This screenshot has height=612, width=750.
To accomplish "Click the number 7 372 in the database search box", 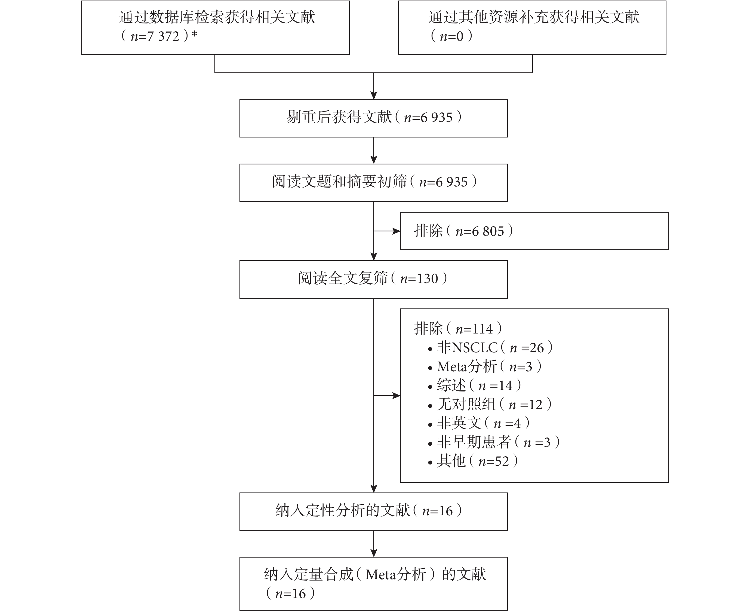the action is click(x=164, y=36).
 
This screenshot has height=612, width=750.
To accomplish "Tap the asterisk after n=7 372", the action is click(x=194, y=35).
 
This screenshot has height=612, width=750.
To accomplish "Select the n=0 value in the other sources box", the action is click(x=451, y=36).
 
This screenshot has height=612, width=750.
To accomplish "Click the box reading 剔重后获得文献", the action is click(x=374, y=118).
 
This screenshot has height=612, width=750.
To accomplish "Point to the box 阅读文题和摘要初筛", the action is click(x=374, y=183).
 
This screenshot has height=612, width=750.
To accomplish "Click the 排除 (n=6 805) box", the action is click(x=534, y=231).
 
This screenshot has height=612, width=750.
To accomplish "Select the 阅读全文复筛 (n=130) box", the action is click(x=374, y=279).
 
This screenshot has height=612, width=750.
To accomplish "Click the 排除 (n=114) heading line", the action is click(x=458, y=329).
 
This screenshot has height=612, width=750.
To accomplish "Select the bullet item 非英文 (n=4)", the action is click(x=479, y=423).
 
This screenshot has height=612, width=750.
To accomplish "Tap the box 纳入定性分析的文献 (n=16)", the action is click(x=374, y=512).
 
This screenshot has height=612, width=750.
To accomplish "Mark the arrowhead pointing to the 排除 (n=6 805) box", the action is click(x=396, y=231).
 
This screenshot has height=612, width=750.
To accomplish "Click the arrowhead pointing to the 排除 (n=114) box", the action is click(x=396, y=396).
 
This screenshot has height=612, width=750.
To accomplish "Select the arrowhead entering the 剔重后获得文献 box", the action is click(x=374, y=96).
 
